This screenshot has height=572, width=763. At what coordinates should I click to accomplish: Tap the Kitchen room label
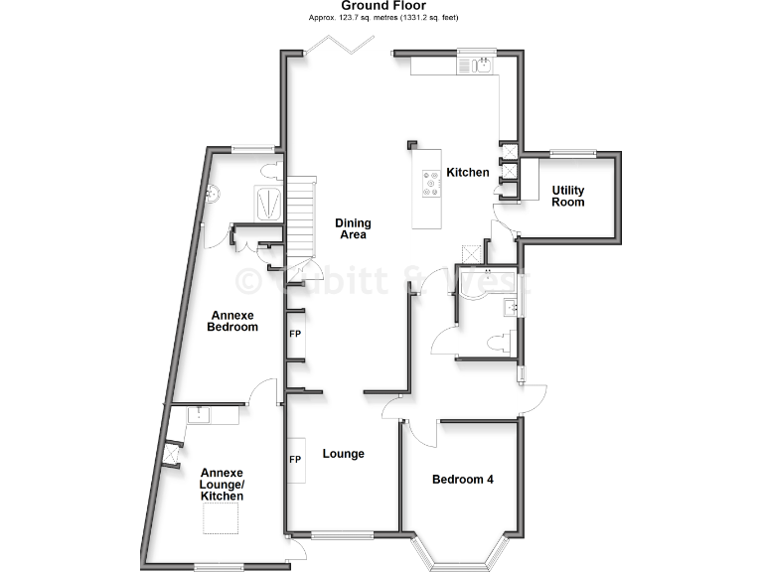tap(468, 173)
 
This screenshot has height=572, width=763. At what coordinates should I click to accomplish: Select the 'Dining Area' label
tap(352, 228)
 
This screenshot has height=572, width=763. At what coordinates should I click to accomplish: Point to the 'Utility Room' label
tap(568, 196)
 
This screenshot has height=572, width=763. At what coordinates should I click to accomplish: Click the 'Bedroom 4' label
tap(463, 480)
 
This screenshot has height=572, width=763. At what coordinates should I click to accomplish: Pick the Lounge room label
tap(344, 454)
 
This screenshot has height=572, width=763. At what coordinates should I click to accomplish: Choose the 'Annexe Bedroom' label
tap(232, 321)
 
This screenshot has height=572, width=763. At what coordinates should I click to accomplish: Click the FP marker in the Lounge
tap(295, 460)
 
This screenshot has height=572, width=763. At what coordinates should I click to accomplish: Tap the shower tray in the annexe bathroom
tap(269, 203)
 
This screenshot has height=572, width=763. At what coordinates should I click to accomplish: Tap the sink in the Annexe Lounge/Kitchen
tap(201, 413)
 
